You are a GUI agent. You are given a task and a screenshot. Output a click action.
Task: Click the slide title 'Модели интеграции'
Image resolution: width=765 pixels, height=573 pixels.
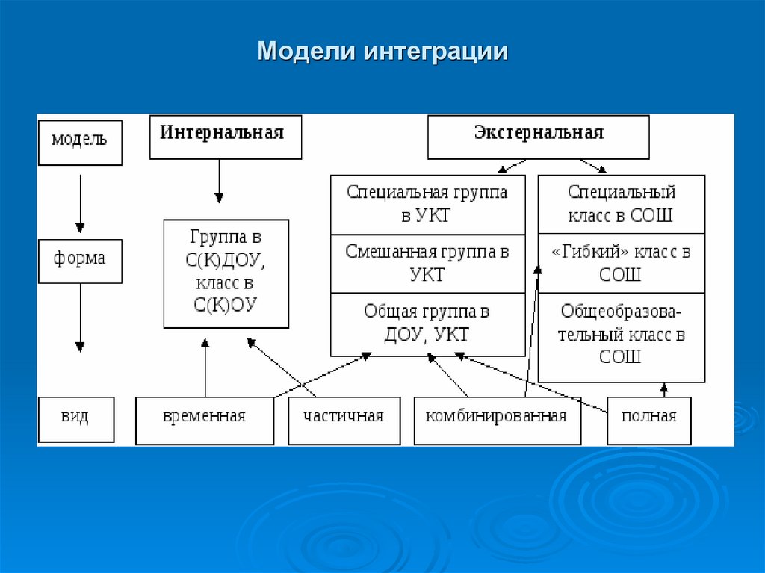(x=382, y=52)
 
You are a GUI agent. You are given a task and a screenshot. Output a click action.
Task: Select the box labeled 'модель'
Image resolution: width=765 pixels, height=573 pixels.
(x=79, y=140)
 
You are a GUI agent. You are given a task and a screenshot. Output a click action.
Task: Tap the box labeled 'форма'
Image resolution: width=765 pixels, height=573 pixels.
(x=79, y=260)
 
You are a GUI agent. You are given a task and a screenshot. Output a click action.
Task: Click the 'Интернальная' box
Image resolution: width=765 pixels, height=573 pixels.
(x=226, y=136)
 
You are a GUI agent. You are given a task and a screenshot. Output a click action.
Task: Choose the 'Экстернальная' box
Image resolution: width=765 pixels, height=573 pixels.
(x=538, y=136)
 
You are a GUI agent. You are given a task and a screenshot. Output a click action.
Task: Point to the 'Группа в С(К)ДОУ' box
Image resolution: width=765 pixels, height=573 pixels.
(x=226, y=273)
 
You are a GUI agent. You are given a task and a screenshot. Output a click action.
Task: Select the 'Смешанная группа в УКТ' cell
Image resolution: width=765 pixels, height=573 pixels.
(x=427, y=263)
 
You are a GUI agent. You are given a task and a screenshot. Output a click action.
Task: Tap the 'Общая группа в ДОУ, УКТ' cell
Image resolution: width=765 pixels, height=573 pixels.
(x=427, y=323)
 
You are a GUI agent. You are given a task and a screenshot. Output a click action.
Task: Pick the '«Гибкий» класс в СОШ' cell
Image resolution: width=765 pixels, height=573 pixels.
(x=621, y=263)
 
